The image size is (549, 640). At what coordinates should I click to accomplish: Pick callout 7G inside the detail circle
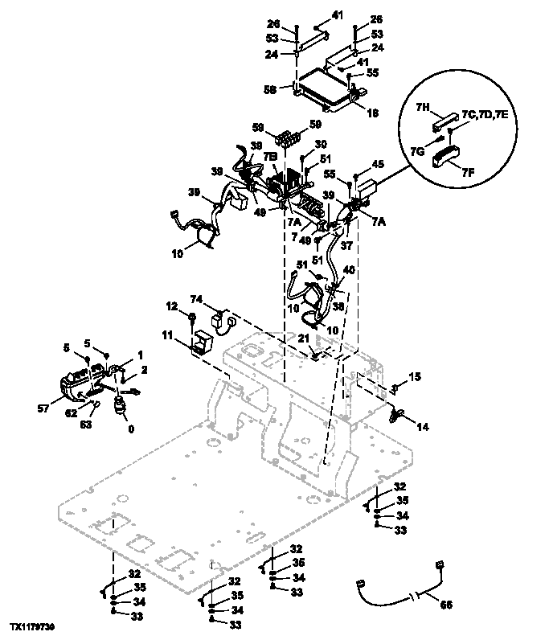pos(439,151)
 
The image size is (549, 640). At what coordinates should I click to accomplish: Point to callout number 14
pos(423,428)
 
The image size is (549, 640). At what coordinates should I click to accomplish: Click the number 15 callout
pos(416,376)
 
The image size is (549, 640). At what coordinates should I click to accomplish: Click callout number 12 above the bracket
pos(171,306)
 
